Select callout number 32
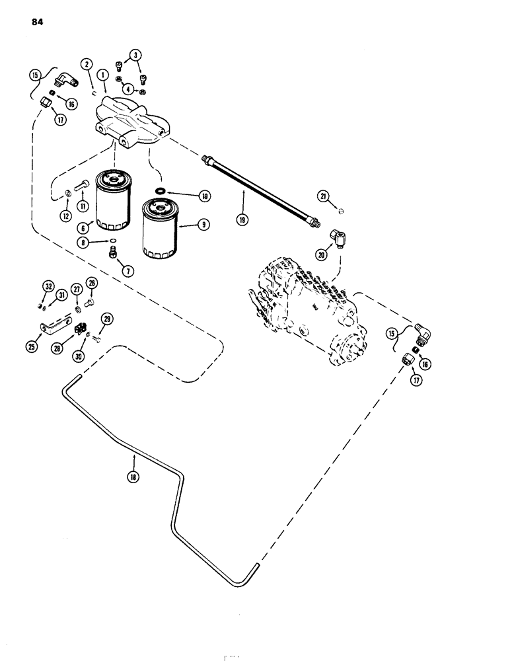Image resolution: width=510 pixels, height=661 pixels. tap(48, 286)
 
